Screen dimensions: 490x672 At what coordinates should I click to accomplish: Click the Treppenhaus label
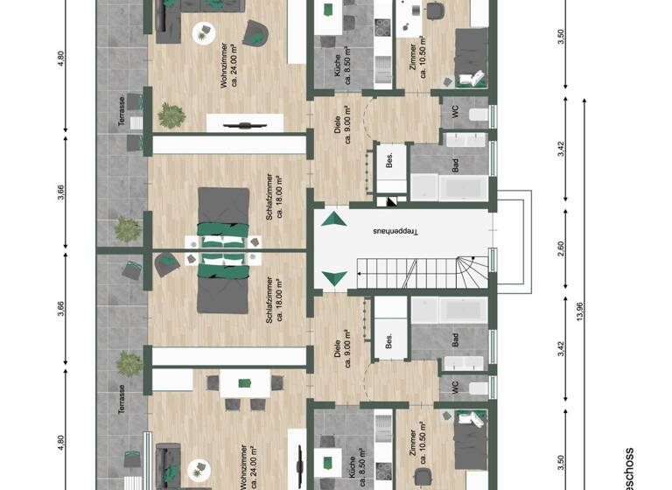click(x=395, y=232)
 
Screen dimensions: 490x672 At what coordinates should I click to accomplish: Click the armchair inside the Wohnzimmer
click(x=255, y=33)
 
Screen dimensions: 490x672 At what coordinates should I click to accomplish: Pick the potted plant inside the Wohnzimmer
click(x=171, y=114)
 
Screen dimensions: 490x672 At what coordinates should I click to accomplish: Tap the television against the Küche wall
click(x=299, y=465)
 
